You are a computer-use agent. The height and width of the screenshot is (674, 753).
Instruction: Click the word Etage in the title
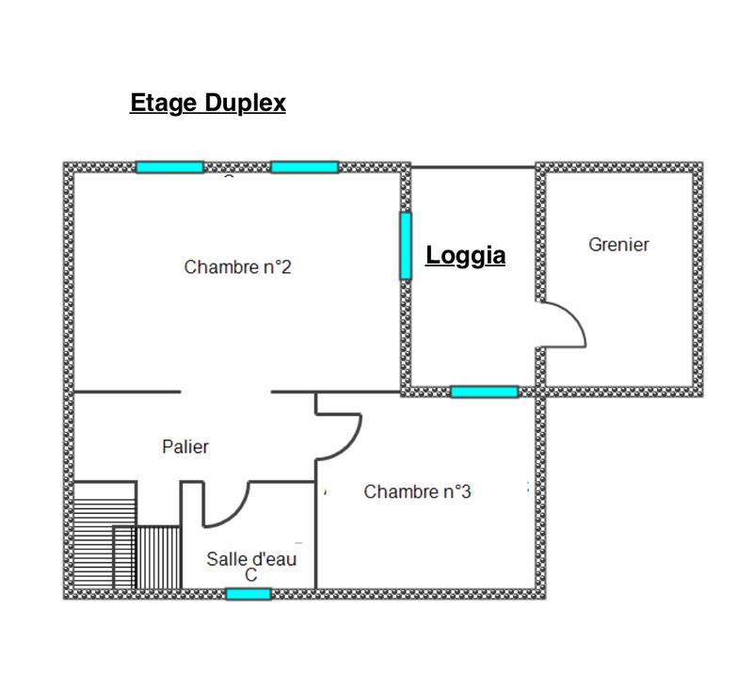click(x=164, y=103)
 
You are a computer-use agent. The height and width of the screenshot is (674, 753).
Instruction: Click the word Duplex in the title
click(x=242, y=103)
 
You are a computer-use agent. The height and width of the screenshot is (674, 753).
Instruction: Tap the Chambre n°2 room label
click(x=237, y=267)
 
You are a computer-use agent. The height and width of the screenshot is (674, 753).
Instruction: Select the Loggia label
click(x=466, y=255)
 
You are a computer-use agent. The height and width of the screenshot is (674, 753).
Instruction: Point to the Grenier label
click(x=618, y=245)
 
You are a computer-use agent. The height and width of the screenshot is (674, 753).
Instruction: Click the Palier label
click(x=185, y=447)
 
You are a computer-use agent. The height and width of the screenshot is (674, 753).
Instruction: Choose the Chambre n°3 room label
click(x=417, y=491)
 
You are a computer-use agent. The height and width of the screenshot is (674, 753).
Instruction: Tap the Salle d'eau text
click(x=251, y=559)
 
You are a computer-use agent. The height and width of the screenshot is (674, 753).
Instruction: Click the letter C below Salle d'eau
click(x=250, y=575)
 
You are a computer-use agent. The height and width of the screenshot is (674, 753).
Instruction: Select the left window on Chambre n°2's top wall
click(x=169, y=168)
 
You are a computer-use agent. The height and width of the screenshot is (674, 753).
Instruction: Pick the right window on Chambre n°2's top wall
click(x=304, y=168)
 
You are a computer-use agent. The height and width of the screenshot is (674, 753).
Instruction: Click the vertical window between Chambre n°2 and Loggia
click(x=406, y=246)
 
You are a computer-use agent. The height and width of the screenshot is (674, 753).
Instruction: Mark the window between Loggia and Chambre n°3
click(x=484, y=392)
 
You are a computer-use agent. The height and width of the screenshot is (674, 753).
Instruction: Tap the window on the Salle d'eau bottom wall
click(x=248, y=594)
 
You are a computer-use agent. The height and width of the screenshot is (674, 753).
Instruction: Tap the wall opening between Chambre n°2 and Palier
click(x=226, y=392)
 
